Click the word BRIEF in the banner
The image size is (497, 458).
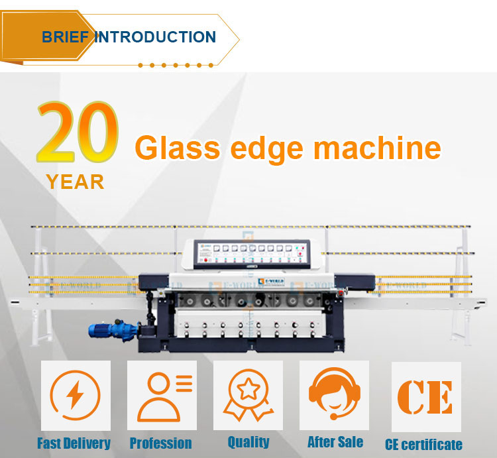click(x=65, y=36)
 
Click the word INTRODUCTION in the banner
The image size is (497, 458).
click(x=155, y=36)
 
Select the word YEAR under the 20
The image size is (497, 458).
click(x=76, y=182)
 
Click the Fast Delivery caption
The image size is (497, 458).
click(x=74, y=443)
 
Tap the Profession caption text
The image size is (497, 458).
click(x=160, y=443)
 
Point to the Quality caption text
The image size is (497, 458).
click(x=248, y=442)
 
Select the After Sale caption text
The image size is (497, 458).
click(x=335, y=442)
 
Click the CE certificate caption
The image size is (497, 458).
click(x=423, y=444)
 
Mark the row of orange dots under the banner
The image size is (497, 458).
click(x=176, y=65)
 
